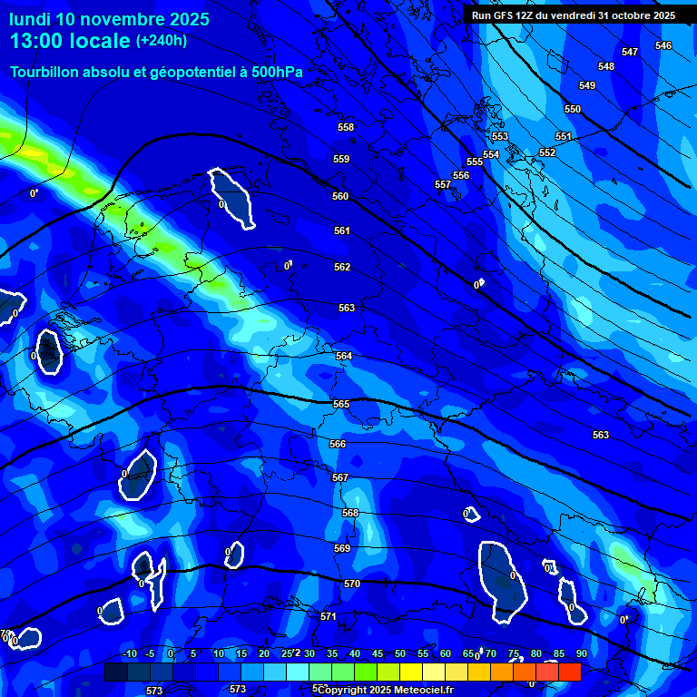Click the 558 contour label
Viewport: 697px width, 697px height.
(345, 128)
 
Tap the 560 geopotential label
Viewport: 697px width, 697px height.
(340, 197)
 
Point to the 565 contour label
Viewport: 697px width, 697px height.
(341, 404)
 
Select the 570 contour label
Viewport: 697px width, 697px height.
(352, 584)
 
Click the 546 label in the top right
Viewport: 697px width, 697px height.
(663, 46)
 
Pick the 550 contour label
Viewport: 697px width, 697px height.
(573, 110)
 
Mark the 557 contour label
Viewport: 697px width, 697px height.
(443, 185)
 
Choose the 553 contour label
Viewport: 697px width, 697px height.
(500, 137)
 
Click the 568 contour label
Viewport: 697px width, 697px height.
(350, 514)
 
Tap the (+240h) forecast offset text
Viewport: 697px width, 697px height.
(162, 41)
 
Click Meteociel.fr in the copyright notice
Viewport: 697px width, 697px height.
(421, 690)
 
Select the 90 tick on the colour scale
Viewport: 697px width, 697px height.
(581, 654)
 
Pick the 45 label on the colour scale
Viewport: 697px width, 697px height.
(378, 654)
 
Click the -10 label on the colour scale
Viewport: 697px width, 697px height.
(130, 654)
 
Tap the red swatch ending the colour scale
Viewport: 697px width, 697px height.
(569, 672)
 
